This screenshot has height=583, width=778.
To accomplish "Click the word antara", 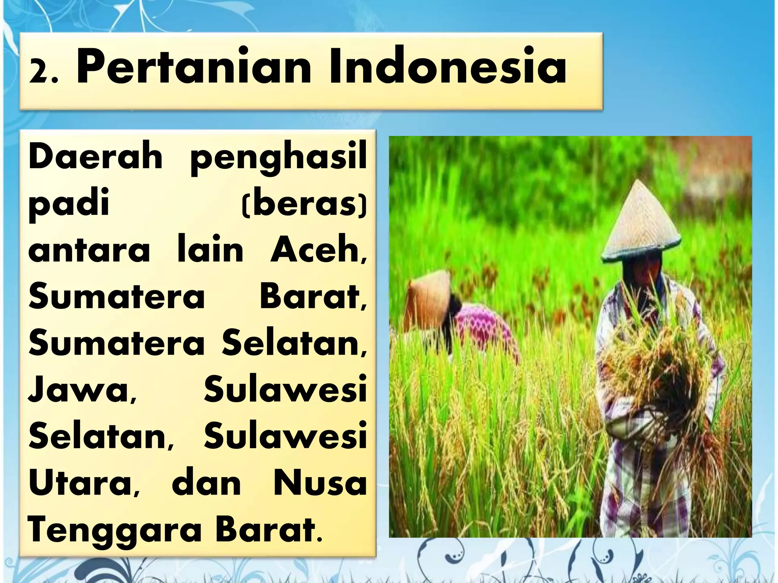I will pos(89,251).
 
